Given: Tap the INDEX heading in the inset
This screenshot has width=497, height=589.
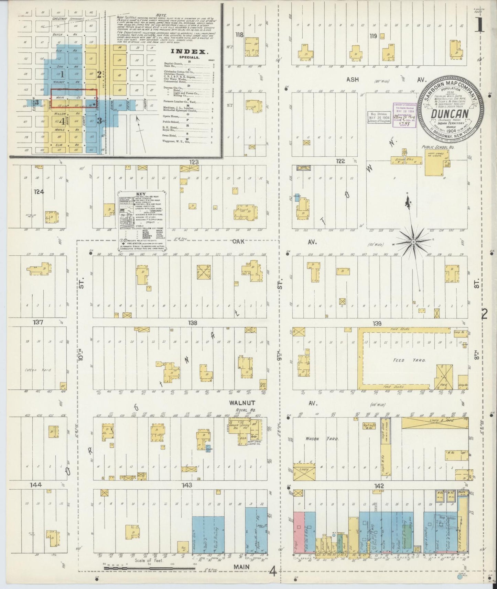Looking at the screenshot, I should (190, 52).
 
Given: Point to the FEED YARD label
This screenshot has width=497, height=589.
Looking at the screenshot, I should (404, 360).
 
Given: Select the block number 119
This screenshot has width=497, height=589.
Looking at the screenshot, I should (373, 36).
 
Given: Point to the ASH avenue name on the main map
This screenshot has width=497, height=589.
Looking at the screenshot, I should (353, 79).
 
